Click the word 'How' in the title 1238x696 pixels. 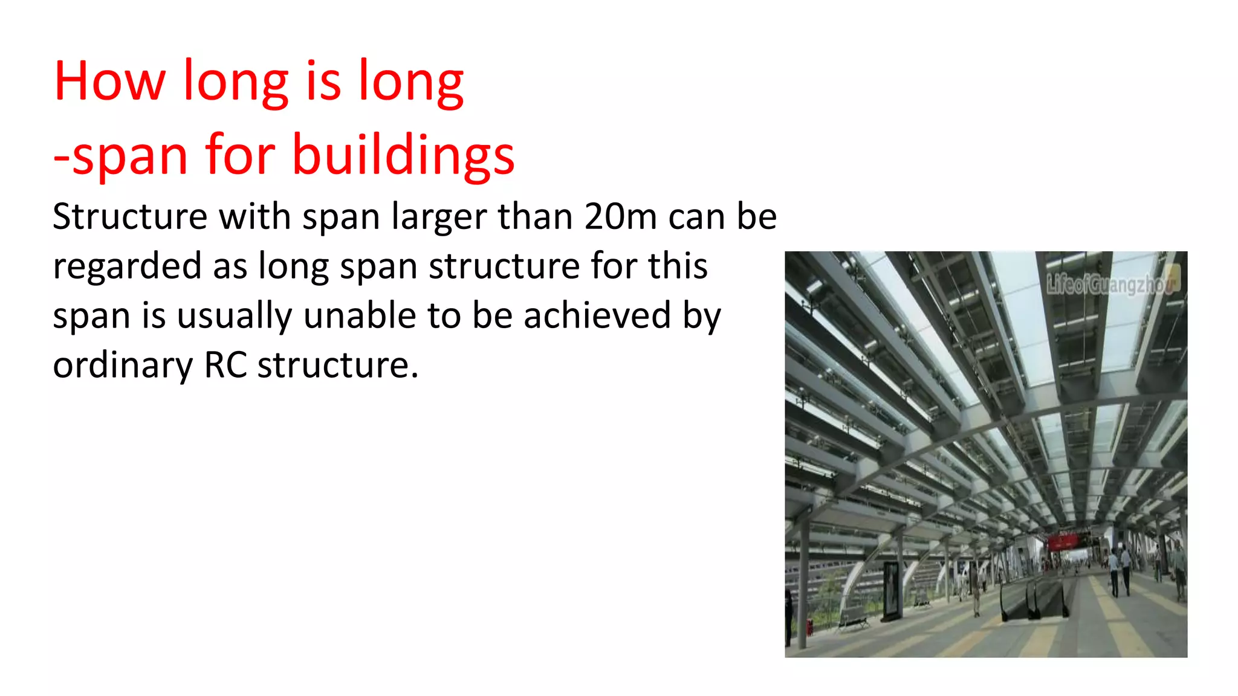pyautogui.click(x=109, y=81)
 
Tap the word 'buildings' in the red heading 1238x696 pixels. pyautogui.click(x=403, y=156)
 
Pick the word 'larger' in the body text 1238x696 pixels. pyautogui.click(x=439, y=217)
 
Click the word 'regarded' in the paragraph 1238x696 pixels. pyautogui.click(x=127, y=267)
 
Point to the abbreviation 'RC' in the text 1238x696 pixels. pyautogui.click(x=225, y=365)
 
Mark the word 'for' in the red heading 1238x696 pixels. pyautogui.click(x=240, y=156)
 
